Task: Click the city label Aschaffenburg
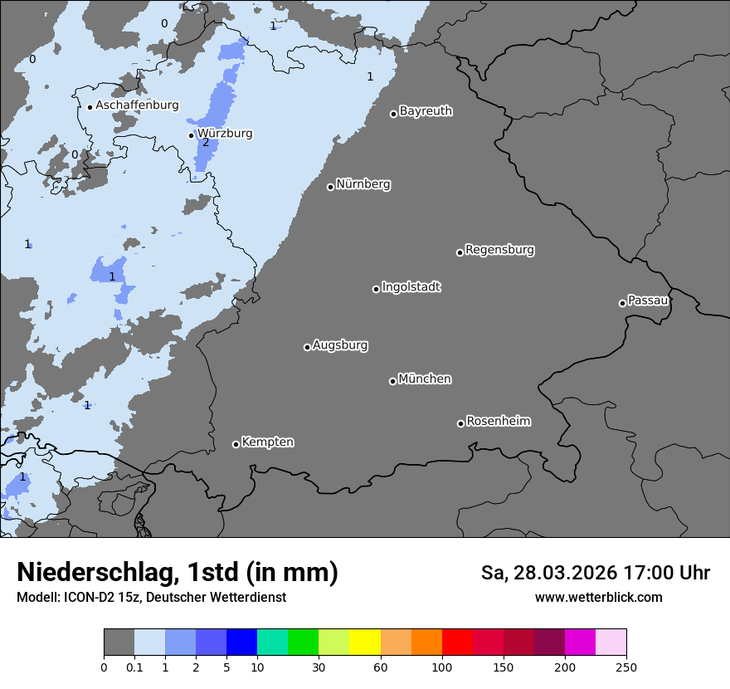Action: (x=137, y=105)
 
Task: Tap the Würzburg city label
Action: (x=224, y=133)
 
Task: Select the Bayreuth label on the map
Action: (x=426, y=111)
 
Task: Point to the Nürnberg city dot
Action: (x=330, y=187)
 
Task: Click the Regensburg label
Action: (x=499, y=250)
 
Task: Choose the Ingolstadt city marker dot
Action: (x=376, y=289)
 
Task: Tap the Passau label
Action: (x=648, y=301)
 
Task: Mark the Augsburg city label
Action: (x=340, y=345)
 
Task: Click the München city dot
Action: (x=392, y=381)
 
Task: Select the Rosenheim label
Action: (x=498, y=422)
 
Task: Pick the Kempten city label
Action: (x=267, y=442)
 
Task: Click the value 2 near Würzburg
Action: (x=206, y=143)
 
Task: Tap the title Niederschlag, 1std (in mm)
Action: (x=178, y=572)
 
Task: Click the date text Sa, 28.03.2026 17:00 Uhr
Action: (x=595, y=573)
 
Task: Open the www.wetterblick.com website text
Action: (x=598, y=598)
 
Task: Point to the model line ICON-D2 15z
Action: (x=151, y=598)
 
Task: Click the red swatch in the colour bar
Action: (x=457, y=643)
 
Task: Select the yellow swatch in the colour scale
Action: (x=364, y=643)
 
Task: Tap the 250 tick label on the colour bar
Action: (x=626, y=667)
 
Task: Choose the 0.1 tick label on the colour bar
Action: (x=134, y=667)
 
